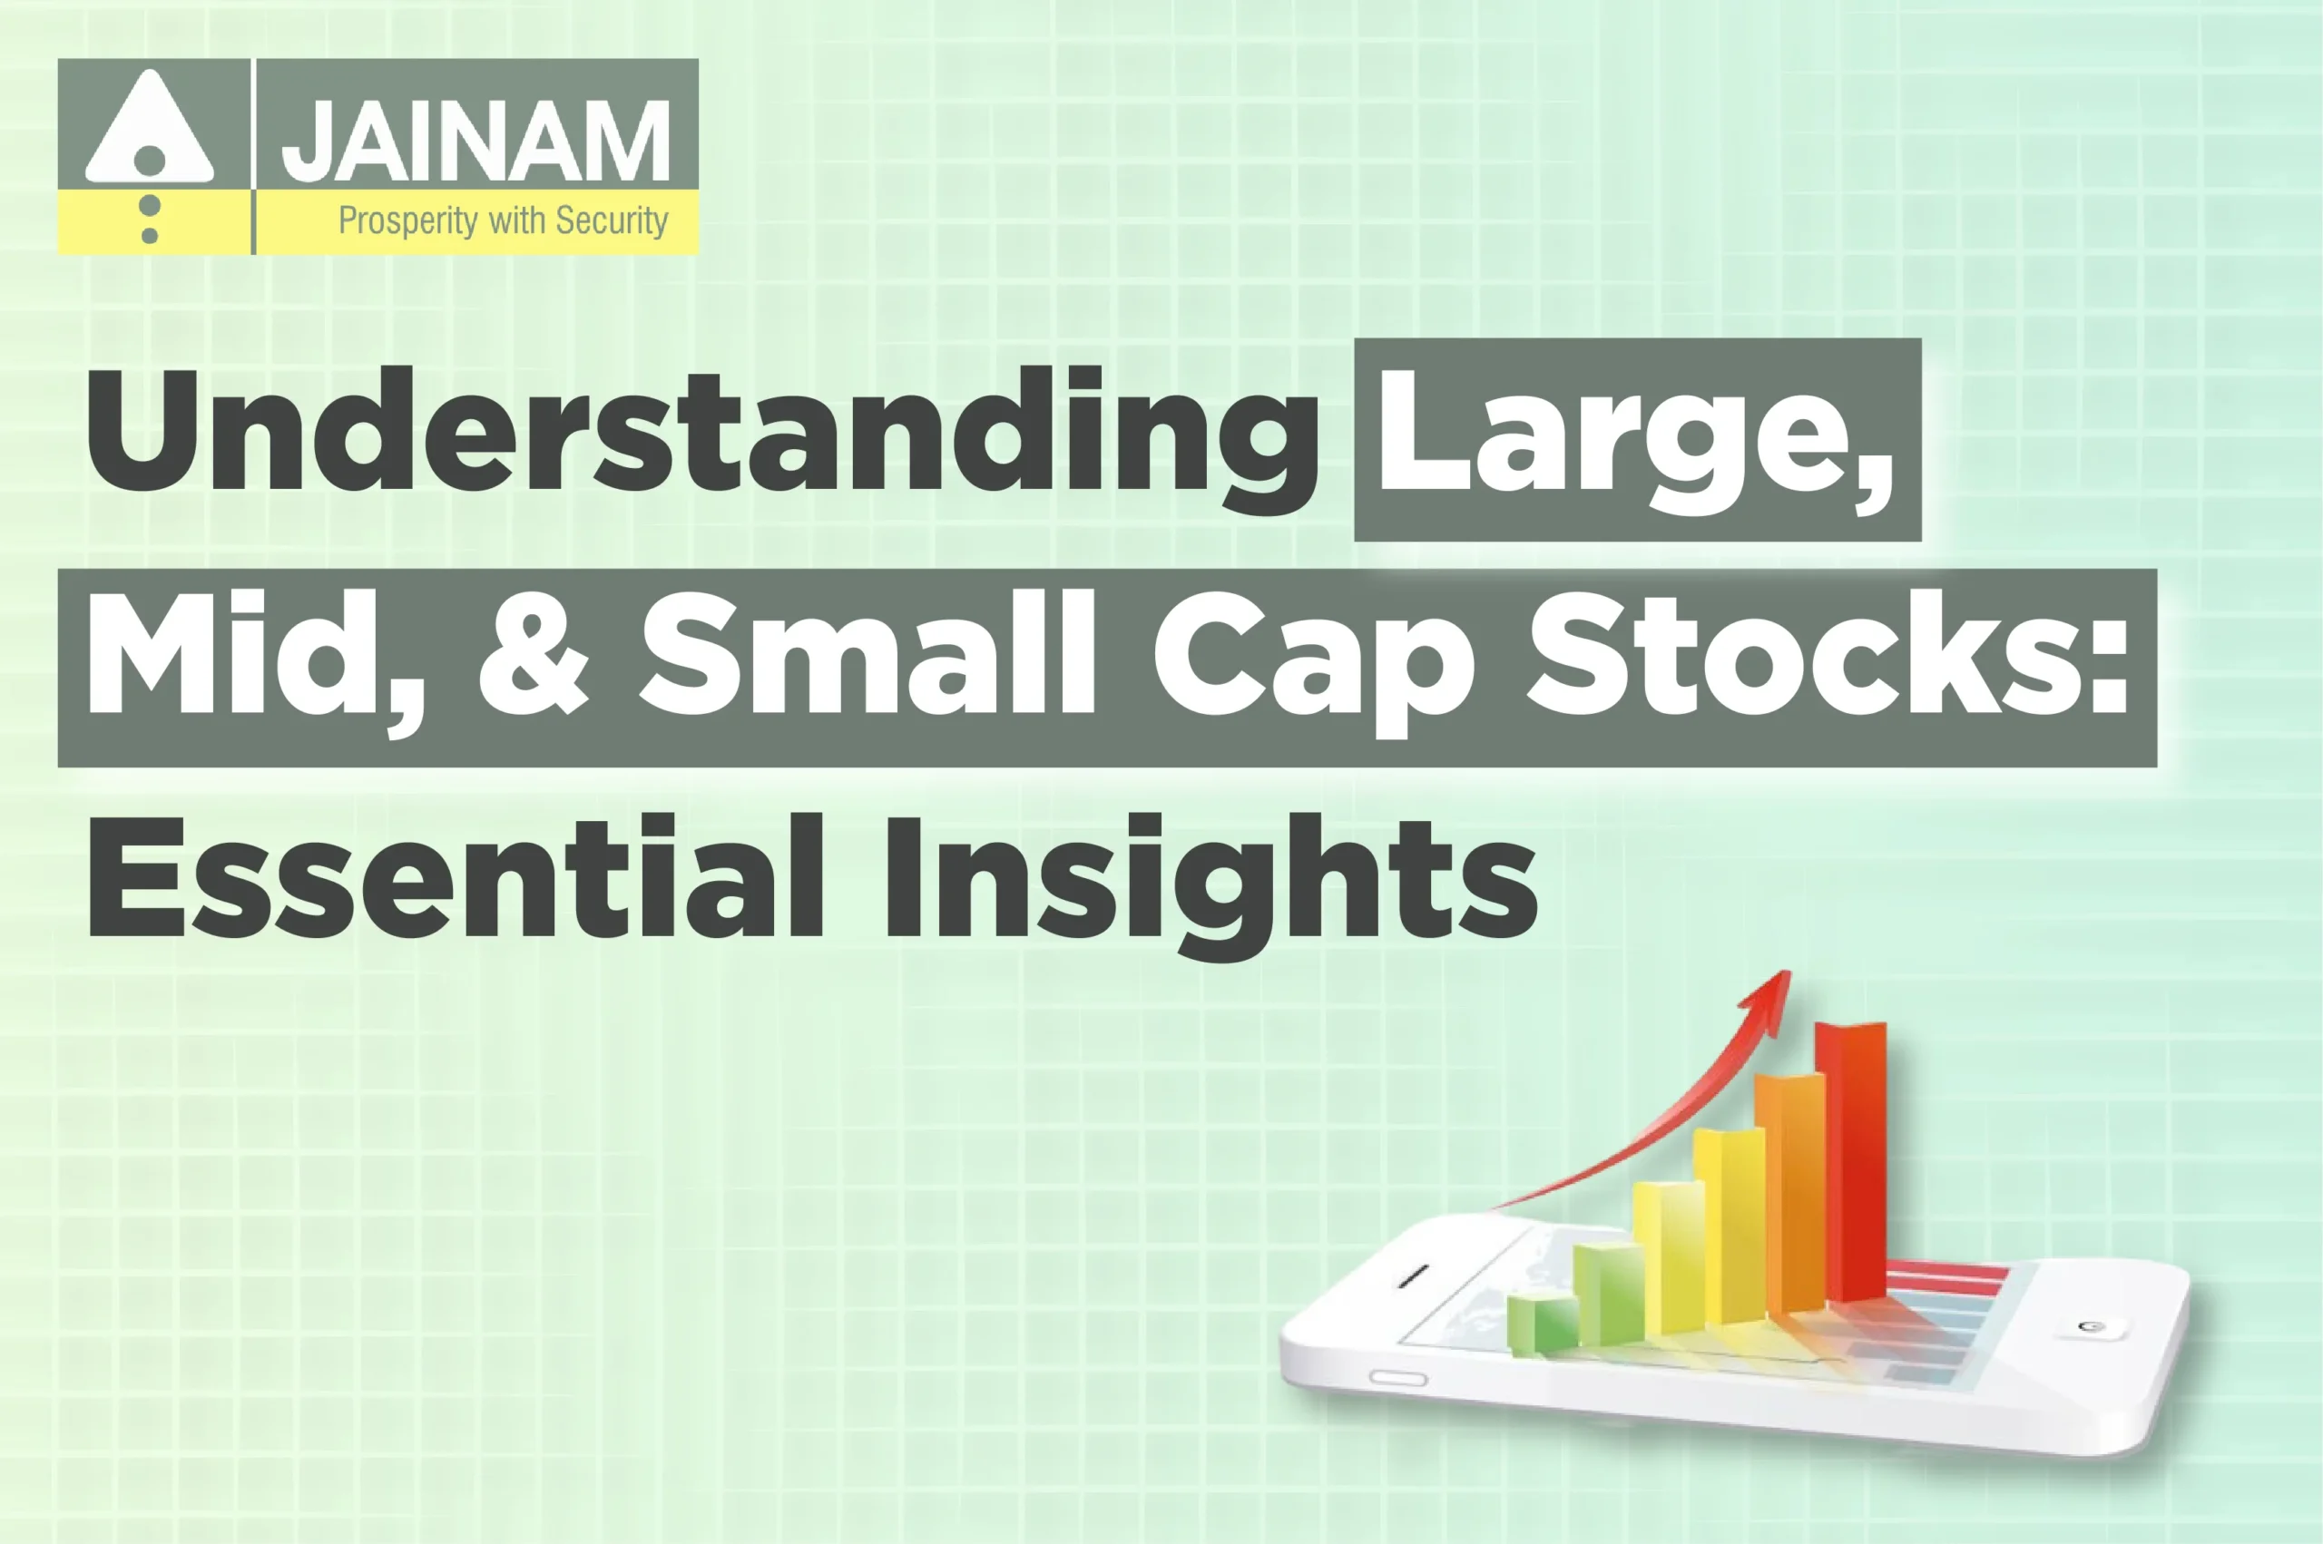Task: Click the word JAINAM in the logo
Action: tap(475, 141)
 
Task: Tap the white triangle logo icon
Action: tap(150, 128)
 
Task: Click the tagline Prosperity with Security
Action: tap(504, 220)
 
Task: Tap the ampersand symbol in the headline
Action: tap(534, 655)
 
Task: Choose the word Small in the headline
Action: tap(867, 655)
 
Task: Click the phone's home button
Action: tap(2087, 1326)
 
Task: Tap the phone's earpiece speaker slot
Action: tap(1413, 1276)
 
